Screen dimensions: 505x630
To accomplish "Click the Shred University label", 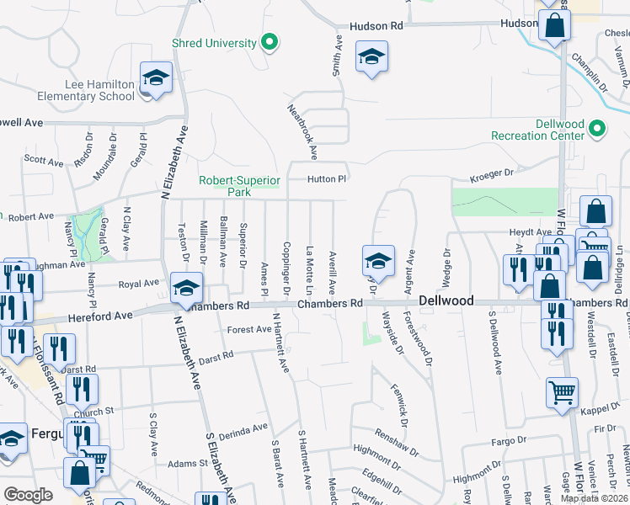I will point(213,43).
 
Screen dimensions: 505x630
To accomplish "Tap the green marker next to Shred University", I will point(270,41).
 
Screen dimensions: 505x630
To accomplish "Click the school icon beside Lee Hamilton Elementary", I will point(156,78).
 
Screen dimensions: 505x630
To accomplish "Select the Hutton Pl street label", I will point(328,178).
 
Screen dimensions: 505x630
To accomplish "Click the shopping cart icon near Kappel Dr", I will point(562,391).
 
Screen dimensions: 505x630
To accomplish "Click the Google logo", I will point(29,495).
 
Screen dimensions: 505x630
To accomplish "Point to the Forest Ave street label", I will point(248,329).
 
